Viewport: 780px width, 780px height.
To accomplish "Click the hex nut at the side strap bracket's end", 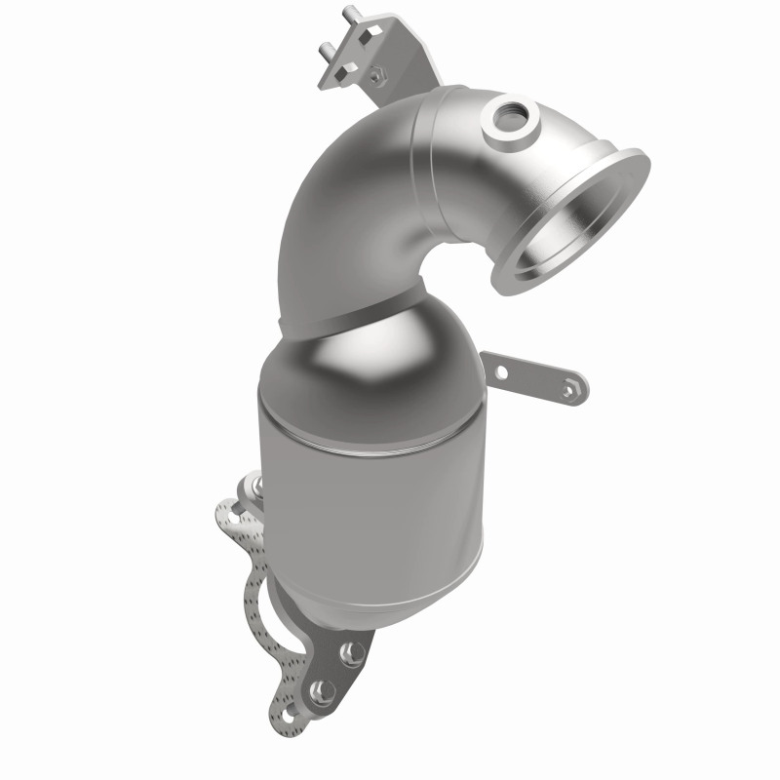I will point(570,389).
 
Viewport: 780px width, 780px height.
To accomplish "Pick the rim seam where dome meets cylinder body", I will point(380,409).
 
